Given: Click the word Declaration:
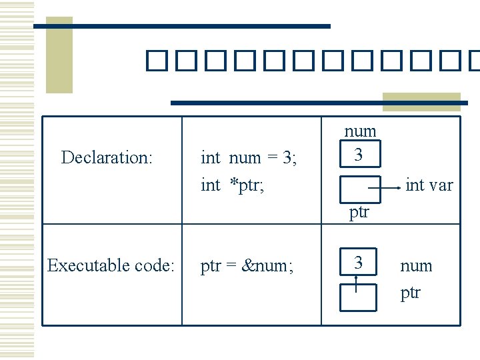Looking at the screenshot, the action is pyautogui.click(x=107, y=158).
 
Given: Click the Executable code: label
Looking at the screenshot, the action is pyautogui.click(x=111, y=266).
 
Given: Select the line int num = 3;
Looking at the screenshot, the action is pyautogui.click(x=249, y=158).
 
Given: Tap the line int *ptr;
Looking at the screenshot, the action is pyautogui.click(x=233, y=185).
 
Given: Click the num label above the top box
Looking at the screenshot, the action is pyautogui.click(x=360, y=131).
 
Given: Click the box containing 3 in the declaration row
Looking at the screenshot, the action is pyautogui.click(x=359, y=154).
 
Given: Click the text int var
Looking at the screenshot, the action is pyautogui.click(x=429, y=185).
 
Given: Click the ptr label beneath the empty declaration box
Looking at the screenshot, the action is pyautogui.click(x=359, y=213).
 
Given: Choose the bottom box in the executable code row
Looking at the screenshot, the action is pyautogui.click(x=359, y=297).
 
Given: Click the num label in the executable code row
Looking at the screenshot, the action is pyautogui.click(x=416, y=266).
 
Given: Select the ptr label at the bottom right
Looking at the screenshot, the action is pyautogui.click(x=411, y=293).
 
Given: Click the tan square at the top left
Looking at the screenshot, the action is pyautogui.click(x=59, y=55).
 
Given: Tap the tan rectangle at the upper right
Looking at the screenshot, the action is pyautogui.click(x=421, y=101).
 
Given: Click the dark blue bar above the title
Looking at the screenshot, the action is pyautogui.click(x=181, y=26).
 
